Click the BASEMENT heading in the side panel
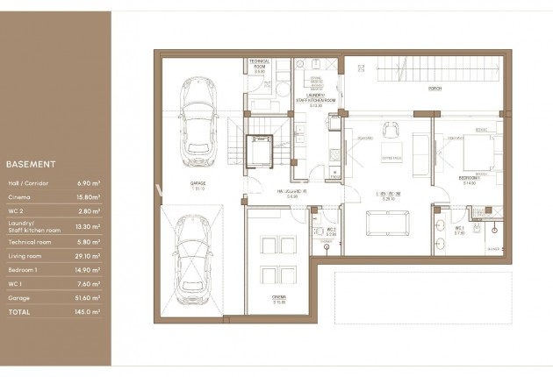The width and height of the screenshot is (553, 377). point(31,164)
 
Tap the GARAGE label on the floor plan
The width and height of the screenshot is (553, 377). point(197,184)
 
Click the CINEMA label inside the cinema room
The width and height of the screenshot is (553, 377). point(279,299)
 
